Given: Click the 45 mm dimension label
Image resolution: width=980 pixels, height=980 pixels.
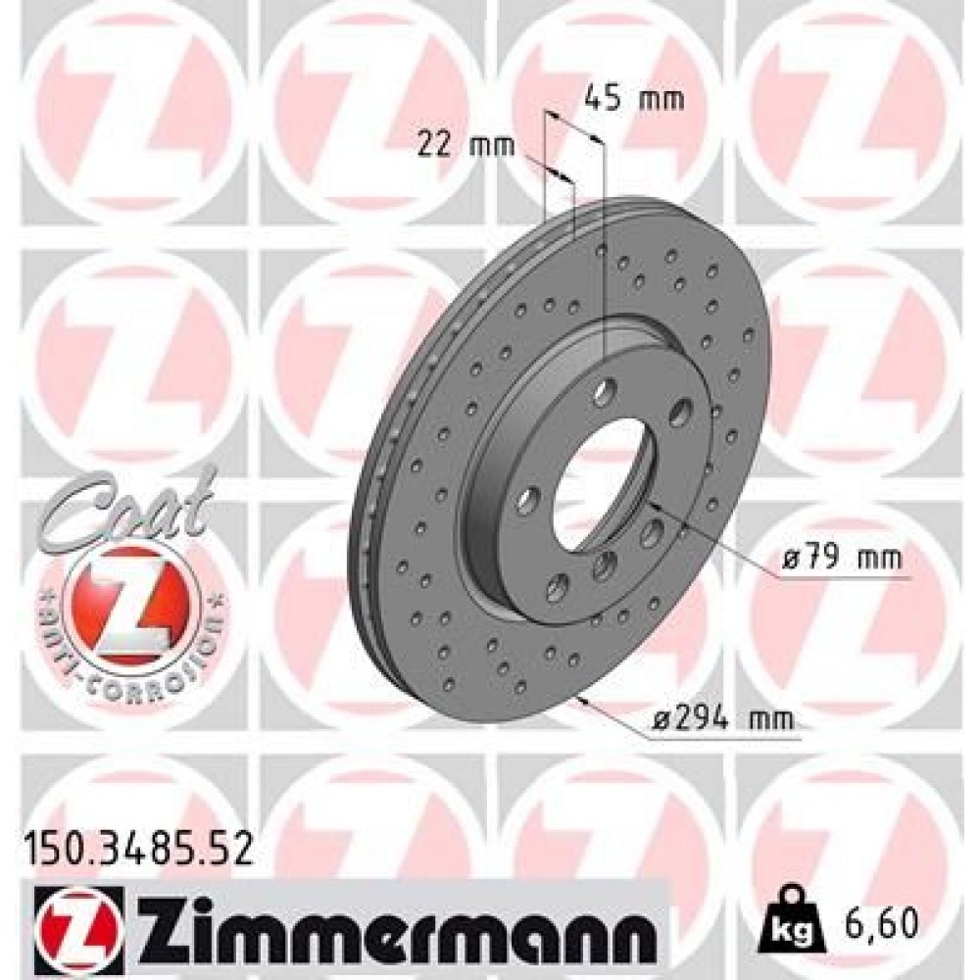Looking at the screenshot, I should pyautogui.click(x=633, y=98).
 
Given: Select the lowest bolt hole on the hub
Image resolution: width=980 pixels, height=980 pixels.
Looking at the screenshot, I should pyautogui.click(x=558, y=589).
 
